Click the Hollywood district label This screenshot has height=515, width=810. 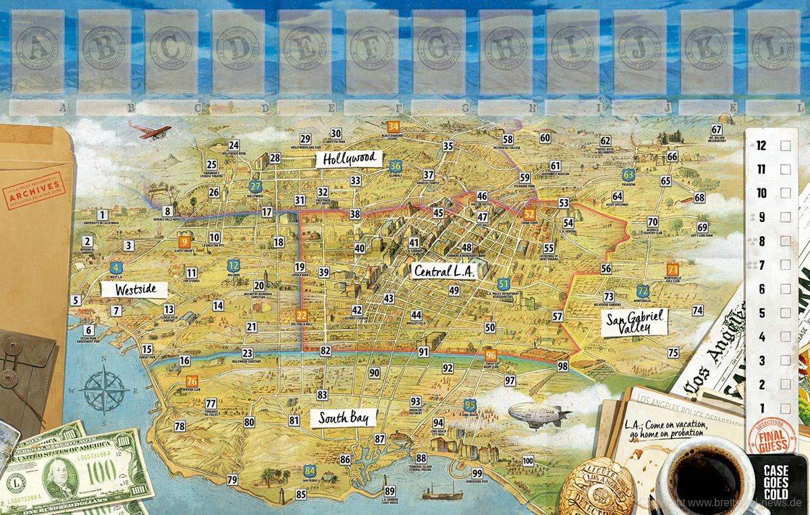coord(348,159)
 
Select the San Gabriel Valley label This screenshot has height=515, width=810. coord(634,322)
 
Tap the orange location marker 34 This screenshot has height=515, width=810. coord(393,126)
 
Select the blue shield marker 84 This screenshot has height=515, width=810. coord(310,470)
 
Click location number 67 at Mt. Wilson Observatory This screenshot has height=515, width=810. coord(717,130)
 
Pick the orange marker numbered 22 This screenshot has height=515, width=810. coord(302,315)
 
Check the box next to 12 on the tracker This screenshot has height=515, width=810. coord(785,145)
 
